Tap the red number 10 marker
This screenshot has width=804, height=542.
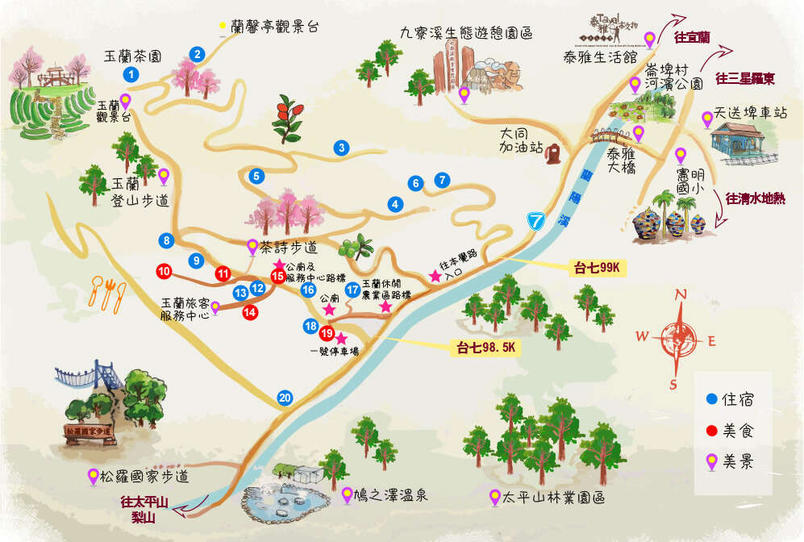coord(165,272)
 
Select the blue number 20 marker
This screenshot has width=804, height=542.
coord(284,398)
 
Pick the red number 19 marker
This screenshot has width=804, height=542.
coord(327,333)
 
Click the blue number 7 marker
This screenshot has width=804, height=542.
coord(441,180)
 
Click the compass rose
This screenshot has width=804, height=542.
coord(680,339)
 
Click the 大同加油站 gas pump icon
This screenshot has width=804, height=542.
coord(555,152)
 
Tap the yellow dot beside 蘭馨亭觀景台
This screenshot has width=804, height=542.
coord(223,27)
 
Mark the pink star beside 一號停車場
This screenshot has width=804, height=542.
coord(341,338)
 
